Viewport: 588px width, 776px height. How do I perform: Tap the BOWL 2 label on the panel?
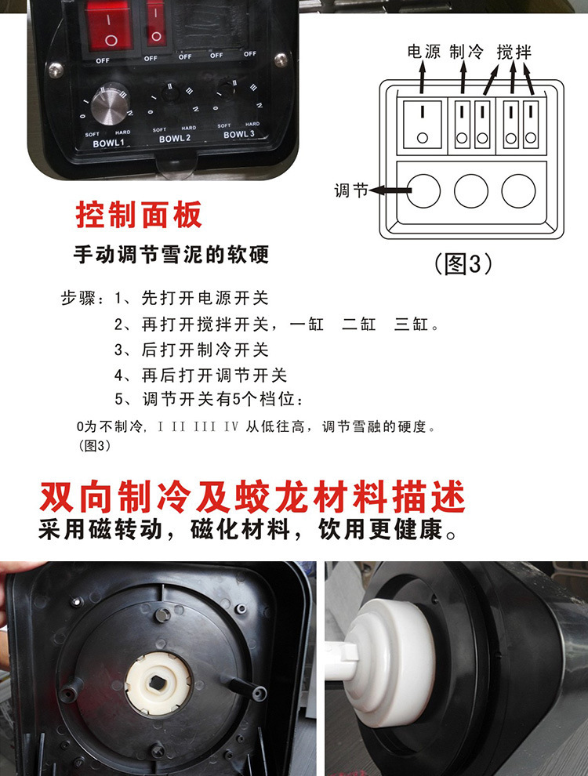coord(174,139)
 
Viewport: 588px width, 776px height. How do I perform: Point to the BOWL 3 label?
coord(238,134)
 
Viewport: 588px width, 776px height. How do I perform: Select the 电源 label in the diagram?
coord(423,52)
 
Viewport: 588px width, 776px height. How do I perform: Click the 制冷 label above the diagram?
coord(466,52)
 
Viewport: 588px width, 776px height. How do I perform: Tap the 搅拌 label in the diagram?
coord(514,52)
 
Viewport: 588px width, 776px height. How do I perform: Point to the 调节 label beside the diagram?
coord(351,190)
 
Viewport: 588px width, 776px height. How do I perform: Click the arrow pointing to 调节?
coord(390,190)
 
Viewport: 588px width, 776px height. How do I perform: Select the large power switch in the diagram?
coord(423,125)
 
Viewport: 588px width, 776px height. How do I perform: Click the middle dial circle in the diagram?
coord(470,190)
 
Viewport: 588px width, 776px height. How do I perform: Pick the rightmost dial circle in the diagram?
coord(518,190)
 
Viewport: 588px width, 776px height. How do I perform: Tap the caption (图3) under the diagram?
coord(463,264)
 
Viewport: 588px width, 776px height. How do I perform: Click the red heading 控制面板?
coord(139,215)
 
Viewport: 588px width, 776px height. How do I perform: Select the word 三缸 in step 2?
coord(412,325)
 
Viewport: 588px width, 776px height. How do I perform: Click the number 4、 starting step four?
coord(124,375)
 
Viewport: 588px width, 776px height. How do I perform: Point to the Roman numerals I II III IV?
coord(198,426)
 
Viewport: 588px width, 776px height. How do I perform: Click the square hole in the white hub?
coord(158,684)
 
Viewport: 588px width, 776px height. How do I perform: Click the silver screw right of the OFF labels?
coord(281,60)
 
